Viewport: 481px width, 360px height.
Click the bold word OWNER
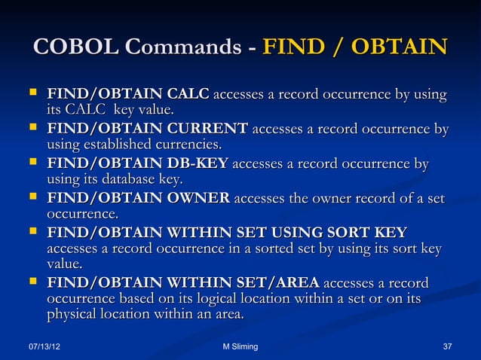(x=198, y=198)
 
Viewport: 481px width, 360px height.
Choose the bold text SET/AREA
(x=283, y=283)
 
